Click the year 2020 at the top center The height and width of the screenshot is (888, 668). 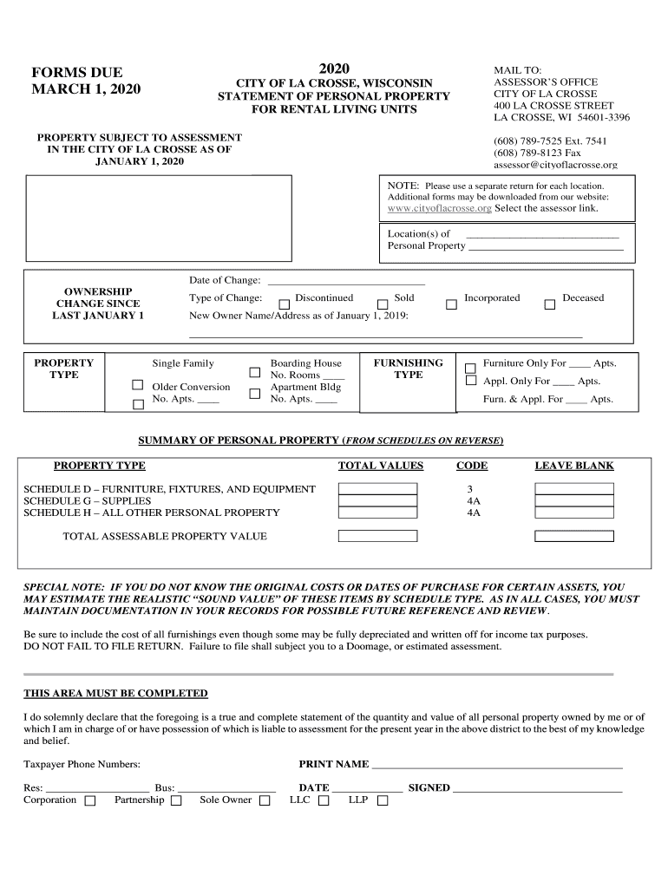(333, 69)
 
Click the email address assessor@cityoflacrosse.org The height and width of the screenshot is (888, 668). (555, 165)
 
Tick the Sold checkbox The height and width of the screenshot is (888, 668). (383, 304)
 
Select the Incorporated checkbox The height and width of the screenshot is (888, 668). (451, 304)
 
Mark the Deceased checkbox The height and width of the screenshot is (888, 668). (549, 304)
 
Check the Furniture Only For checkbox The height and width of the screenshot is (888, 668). (471, 367)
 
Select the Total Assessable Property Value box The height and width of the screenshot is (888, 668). (377, 536)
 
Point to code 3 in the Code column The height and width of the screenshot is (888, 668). (470, 489)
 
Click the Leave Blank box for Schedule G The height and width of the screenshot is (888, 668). (573, 500)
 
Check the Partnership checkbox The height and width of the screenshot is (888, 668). (176, 801)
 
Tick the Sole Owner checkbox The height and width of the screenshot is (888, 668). (265, 801)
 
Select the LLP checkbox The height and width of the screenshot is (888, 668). (382, 801)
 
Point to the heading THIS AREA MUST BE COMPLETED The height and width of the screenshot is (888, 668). (115, 693)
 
